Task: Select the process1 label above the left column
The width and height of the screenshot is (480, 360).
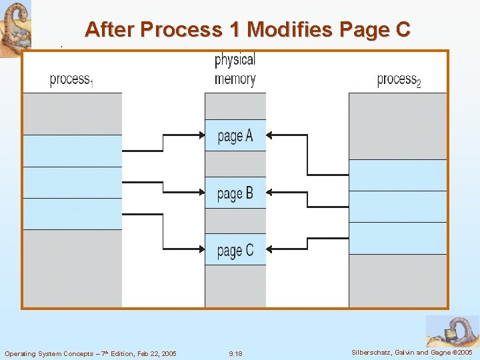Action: [x=71, y=80]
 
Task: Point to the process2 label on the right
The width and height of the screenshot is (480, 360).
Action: [x=399, y=80]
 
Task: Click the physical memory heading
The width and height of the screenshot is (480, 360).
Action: [x=235, y=69]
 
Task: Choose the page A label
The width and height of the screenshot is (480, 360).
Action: [x=235, y=136]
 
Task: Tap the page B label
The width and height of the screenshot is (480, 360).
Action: [x=235, y=193]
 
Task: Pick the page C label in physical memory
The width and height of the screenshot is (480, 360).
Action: [x=235, y=251]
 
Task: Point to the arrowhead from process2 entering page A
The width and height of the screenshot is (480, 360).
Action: [x=270, y=135]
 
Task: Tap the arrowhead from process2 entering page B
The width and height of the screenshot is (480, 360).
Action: [x=270, y=193]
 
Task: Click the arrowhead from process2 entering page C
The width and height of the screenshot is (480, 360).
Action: [x=270, y=250]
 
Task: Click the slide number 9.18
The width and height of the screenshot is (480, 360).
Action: [x=235, y=353]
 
